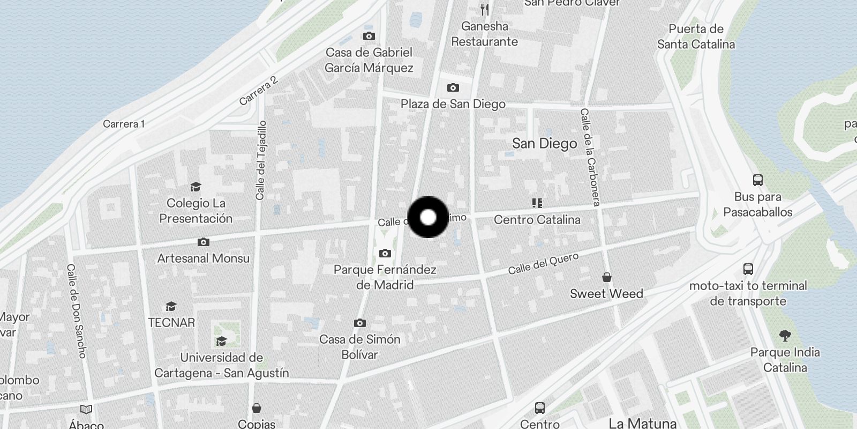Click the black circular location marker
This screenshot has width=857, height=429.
(428, 217)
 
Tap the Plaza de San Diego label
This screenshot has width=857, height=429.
(453, 104)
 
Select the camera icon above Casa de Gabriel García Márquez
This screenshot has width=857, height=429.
(369, 36)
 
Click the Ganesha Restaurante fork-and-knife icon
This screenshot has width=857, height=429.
(485, 9)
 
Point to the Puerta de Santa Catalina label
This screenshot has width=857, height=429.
(696, 36)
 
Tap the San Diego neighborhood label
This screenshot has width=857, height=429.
(544, 143)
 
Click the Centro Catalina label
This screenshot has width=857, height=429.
(537, 219)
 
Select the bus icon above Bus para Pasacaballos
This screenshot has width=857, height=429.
(757, 180)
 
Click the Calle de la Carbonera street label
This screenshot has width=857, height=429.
(590, 157)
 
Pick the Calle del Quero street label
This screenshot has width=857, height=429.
(543, 263)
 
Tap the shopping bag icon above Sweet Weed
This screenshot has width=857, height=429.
(606, 277)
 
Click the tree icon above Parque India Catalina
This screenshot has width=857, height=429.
(785, 336)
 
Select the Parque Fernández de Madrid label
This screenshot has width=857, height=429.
(385, 277)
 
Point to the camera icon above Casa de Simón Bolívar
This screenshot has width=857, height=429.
(360, 323)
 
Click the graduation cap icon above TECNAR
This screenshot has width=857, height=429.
(171, 306)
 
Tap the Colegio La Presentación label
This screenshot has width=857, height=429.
(196, 210)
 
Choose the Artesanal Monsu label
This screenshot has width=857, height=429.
(203, 258)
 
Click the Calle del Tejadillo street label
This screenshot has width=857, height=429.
(261, 160)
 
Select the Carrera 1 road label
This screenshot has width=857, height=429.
(124, 124)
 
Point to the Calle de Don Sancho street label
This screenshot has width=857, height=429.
(77, 310)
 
